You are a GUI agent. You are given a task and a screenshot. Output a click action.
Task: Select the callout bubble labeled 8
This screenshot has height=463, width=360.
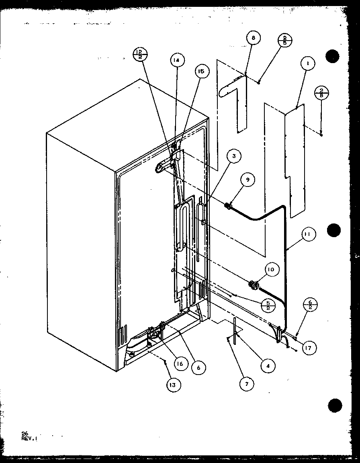[254, 38]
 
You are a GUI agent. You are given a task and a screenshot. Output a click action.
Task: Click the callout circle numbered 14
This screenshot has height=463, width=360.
[176, 60]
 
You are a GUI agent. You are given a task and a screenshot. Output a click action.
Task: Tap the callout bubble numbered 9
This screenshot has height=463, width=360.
[248, 180]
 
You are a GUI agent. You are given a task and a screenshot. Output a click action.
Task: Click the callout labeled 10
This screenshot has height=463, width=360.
[270, 270]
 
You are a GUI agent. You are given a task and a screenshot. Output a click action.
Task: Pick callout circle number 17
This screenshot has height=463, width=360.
[309, 348]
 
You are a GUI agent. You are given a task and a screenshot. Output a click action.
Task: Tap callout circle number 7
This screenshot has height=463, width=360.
[247, 384]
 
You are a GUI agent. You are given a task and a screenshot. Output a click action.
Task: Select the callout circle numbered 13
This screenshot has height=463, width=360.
[172, 385]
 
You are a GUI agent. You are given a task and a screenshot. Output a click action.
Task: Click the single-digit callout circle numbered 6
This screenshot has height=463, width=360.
[198, 367]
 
